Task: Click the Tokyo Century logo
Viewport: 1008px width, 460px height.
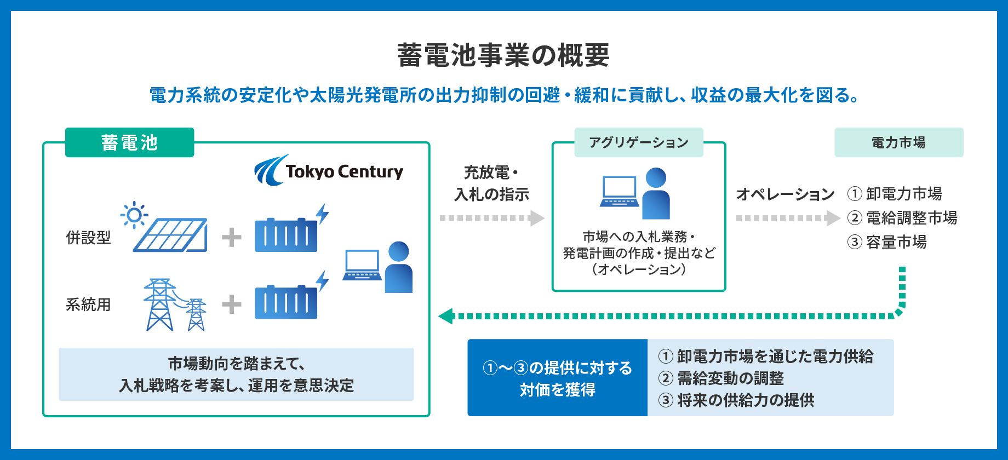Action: tap(329, 170)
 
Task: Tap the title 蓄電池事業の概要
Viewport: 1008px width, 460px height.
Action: tap(503, 55)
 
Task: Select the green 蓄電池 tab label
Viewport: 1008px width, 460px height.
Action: tap(130, 142)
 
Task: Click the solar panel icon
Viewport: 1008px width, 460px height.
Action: tap(170, 235)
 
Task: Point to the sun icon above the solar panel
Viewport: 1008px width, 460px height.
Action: tap(134, 215)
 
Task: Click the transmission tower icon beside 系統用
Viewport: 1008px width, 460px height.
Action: tap(175, 304)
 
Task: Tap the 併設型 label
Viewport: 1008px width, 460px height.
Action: tap(88, 238)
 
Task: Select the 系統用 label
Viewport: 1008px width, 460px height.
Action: tap(88, 304)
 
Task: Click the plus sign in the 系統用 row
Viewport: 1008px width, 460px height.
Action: tap(232, 304)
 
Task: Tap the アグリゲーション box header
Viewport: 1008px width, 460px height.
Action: tap(639, 142)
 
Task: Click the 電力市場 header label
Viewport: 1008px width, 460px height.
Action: tap(899, 142)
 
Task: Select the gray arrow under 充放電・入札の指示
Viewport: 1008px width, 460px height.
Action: tap(492, 218)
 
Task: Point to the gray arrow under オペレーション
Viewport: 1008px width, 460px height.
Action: tap(788, 218)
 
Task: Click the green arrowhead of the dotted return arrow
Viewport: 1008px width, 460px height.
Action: tap(445, 316)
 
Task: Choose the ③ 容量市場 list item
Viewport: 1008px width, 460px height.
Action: tap(887, 242)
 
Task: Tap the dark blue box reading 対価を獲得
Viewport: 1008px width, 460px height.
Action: tap(558, 378)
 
